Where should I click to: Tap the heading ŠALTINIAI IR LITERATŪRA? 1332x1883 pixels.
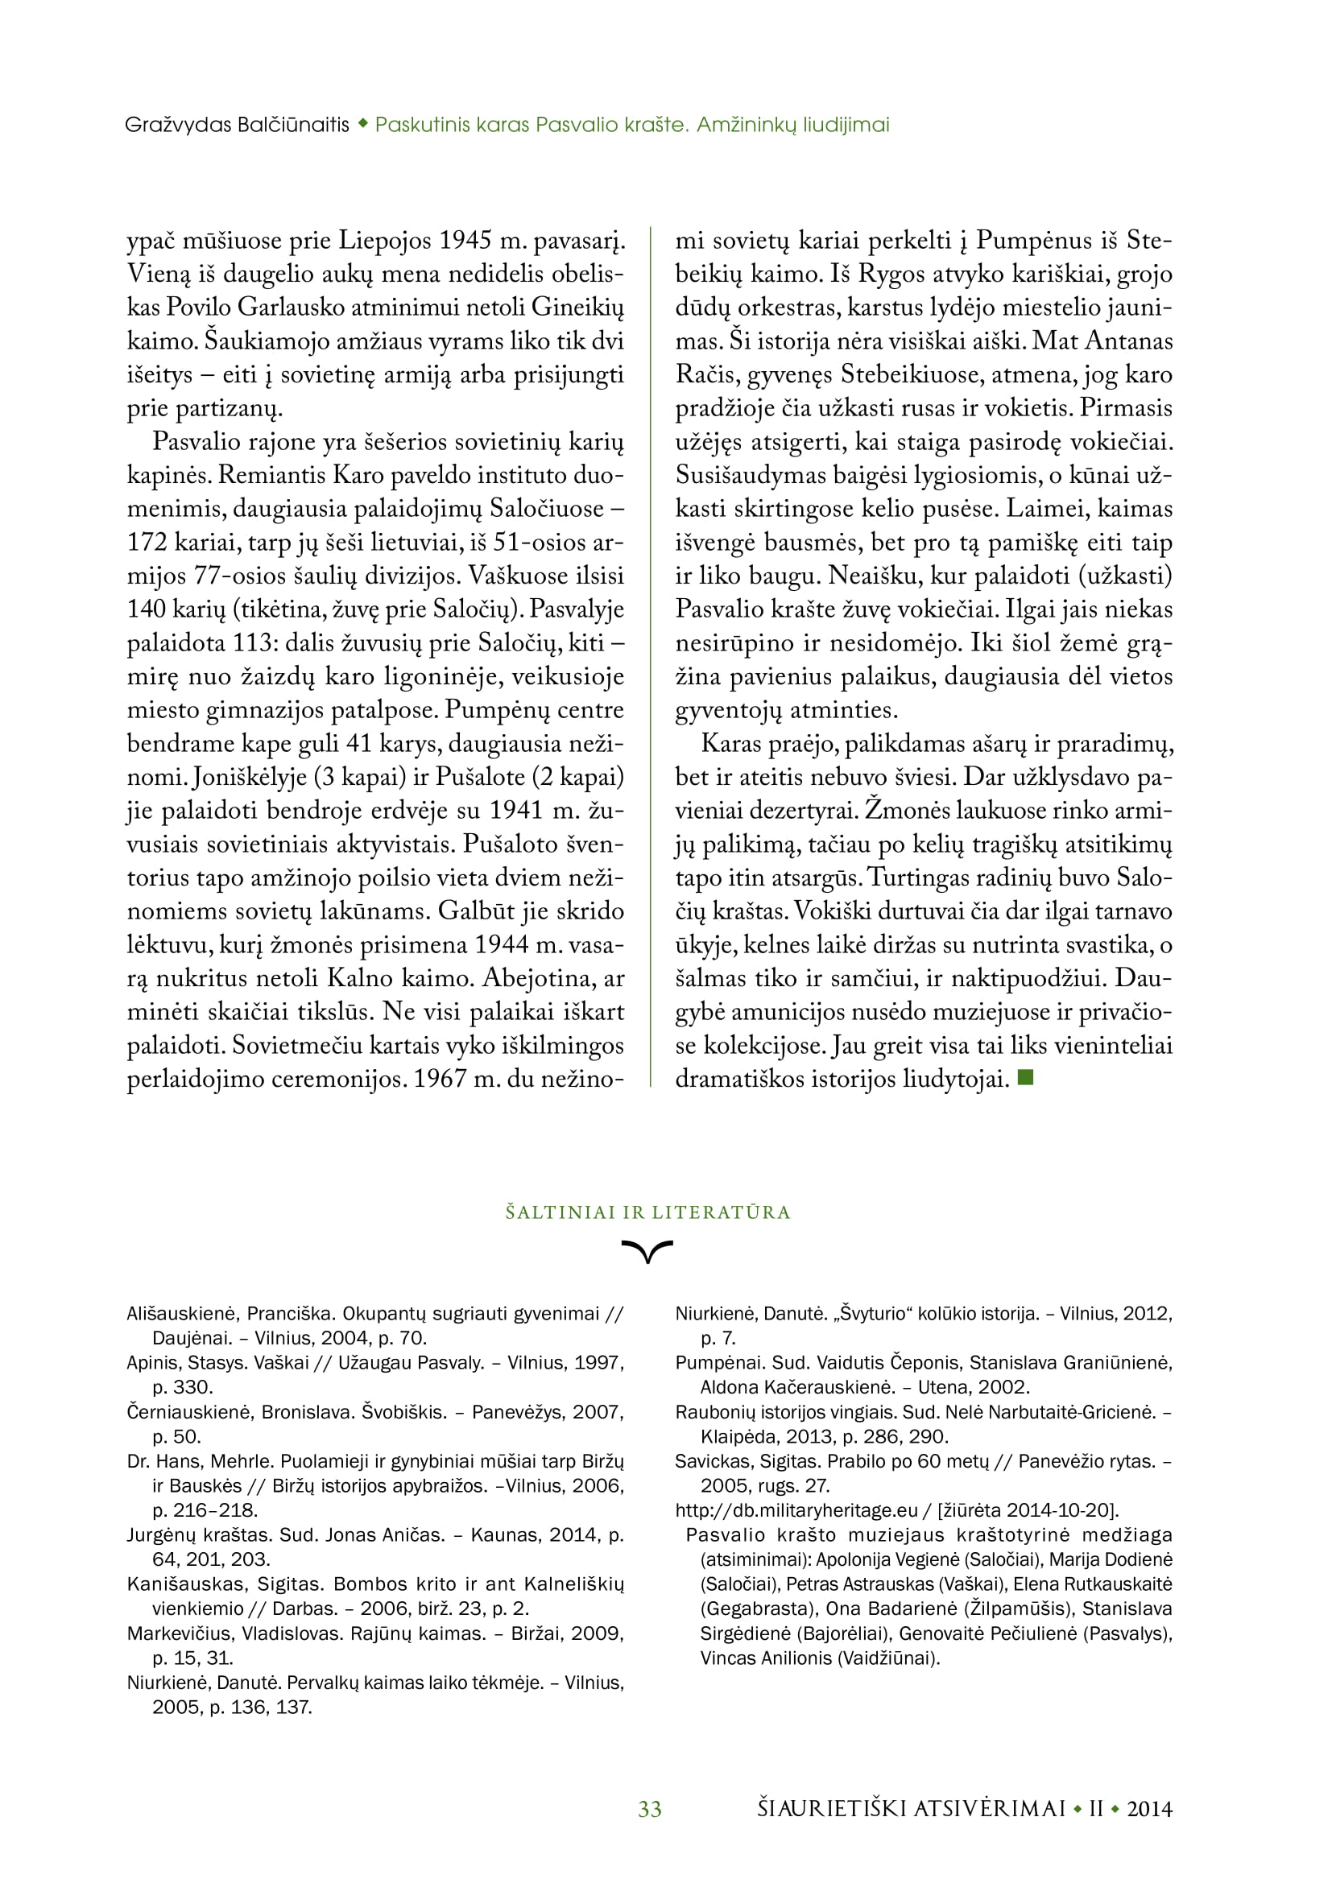tap(648, 1212)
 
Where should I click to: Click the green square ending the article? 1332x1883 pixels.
tap(1024, 1078)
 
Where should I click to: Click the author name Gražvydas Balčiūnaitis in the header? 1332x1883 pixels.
tap(237, 125)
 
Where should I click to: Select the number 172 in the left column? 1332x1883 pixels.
tap(147, 542)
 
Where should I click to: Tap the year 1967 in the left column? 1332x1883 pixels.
tap(441, 1079)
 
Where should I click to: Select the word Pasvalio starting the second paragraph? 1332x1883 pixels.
tap(192, 442)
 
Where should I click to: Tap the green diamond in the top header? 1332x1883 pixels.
tap(362, 125)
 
